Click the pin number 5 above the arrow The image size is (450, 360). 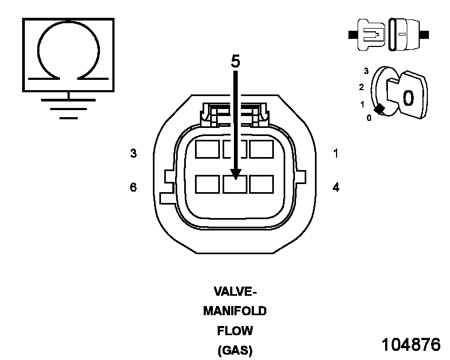tap(236, 61)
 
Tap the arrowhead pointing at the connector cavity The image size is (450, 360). tap(236, 173)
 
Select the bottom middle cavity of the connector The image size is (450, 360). tap(235, 185)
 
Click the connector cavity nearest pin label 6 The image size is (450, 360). tap(207, 185)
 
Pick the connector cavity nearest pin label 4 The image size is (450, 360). tap(261, 185)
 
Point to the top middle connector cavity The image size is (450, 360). tap(235, 149)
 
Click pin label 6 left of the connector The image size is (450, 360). tap(133, 187)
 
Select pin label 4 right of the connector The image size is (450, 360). tap(335, 187)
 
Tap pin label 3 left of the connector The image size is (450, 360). tap(133, 153)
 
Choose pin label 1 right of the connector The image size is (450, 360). tap(335, 153)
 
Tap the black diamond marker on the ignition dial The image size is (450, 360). tap(380, 109)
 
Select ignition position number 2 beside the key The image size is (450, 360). tap(361, 87)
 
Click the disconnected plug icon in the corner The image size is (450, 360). tap(389, 35)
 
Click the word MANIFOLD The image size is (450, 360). tap(235, 311)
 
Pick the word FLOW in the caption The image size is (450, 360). tap(235, 330)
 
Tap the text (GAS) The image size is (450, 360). tap(235, 350)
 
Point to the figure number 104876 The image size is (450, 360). tap(411, 344)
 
